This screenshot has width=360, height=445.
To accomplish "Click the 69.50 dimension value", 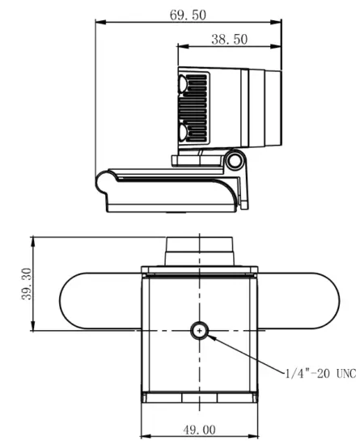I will [188, 15].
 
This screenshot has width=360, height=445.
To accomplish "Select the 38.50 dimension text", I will [230, 39].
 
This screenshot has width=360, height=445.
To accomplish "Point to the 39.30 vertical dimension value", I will [25, 284].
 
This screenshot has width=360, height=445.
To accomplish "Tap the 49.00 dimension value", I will [199, 430].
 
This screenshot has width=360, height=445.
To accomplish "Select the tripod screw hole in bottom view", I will [200, 330].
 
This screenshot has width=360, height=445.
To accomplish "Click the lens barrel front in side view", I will [273, 108].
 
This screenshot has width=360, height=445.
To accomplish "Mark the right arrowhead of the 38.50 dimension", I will [280, 48].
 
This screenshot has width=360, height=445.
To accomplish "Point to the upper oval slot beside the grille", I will [184, 85].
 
